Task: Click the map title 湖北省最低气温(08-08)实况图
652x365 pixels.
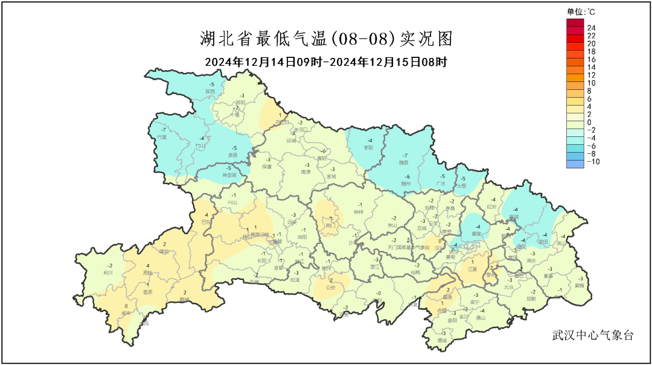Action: tap(326, 40)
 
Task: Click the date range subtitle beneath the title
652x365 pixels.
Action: tap(325, 62)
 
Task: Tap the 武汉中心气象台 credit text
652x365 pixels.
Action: tap(593, 335)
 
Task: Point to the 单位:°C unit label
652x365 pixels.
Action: tap(581, 11)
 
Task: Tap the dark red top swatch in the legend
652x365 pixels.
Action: tap(575, 23)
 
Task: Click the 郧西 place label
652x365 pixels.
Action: tap(210, 91)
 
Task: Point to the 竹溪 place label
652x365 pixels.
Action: tap(162, 138)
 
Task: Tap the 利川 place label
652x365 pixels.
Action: tap(109, 273)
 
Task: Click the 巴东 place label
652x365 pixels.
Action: tap(206, 222)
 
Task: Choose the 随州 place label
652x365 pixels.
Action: tap(406, 183)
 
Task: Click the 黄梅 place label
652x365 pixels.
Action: tap(580, 285)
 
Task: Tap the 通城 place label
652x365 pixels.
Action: tap(443, 340)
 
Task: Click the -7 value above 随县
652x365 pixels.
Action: tap(406, 155)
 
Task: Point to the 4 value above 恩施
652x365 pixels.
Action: tap(148, 265)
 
